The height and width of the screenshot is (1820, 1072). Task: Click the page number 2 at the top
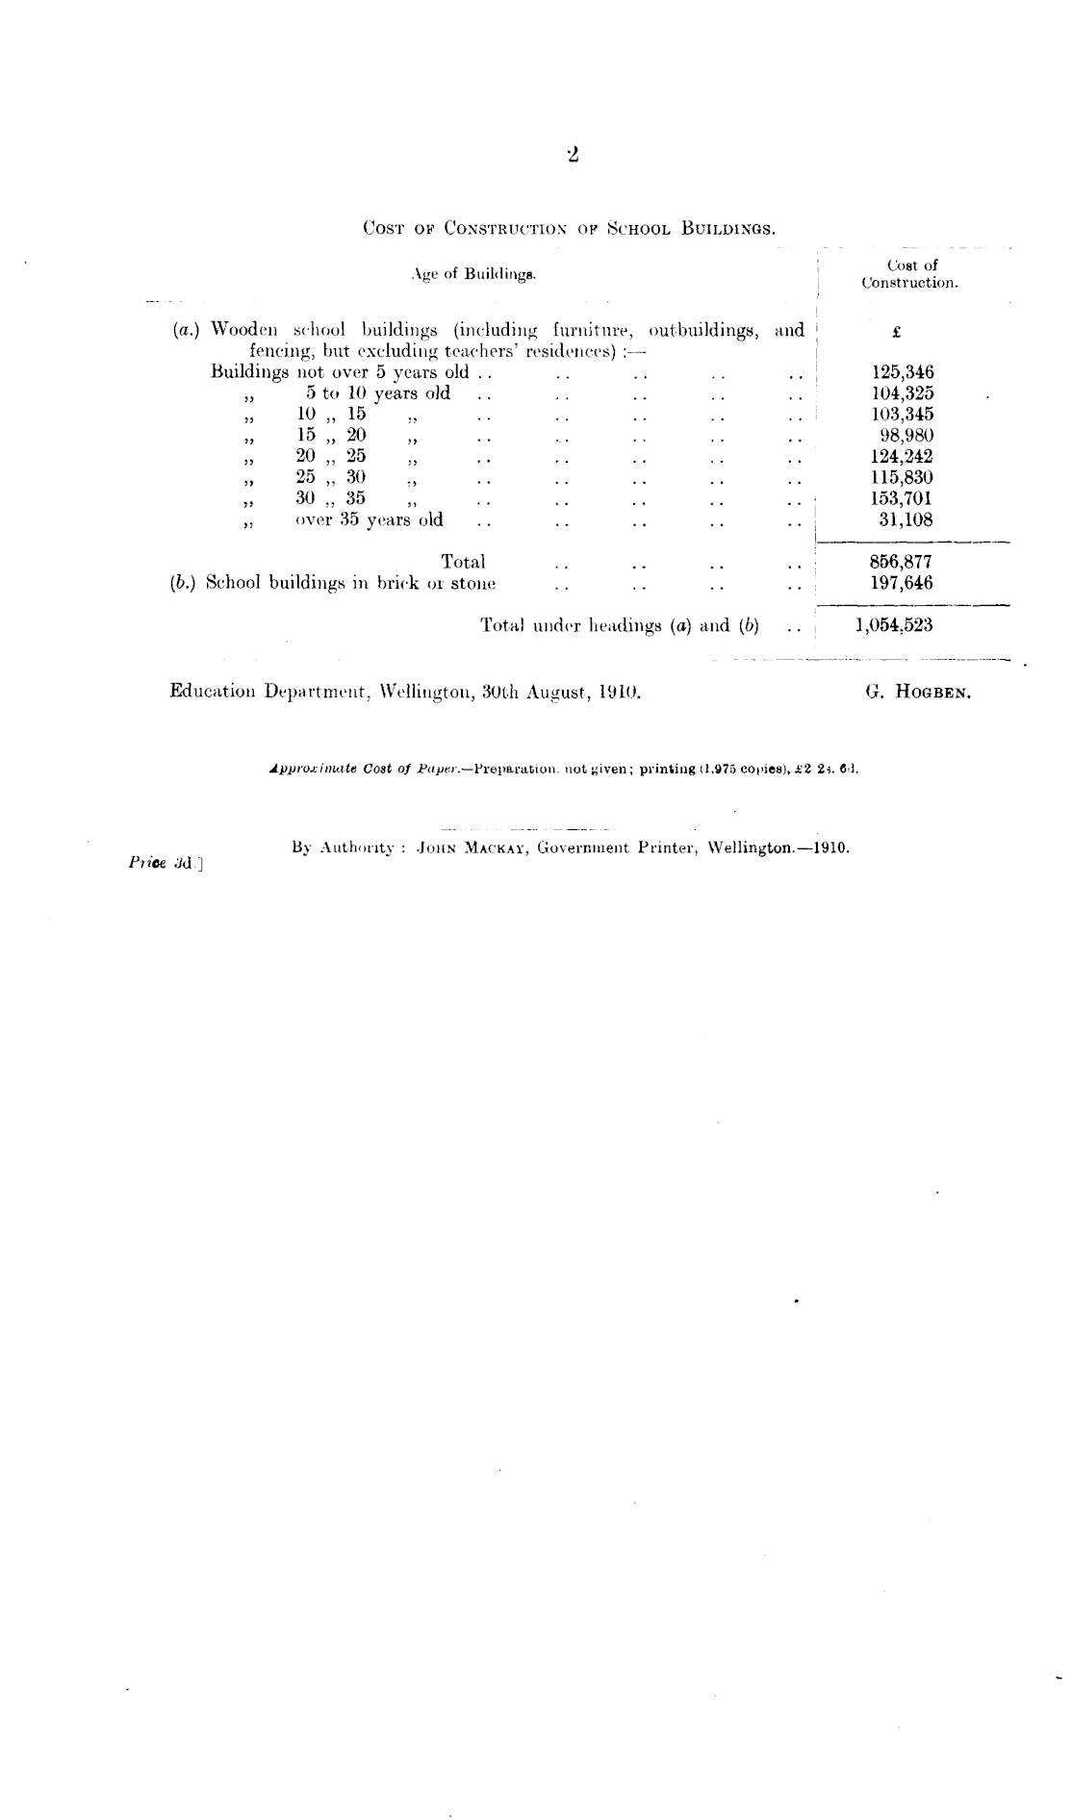point(573,154)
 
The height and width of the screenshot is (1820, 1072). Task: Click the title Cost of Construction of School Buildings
point(570,230)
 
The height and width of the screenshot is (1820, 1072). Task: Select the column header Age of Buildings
point(472,274)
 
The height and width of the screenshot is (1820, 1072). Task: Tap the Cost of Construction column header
point(910,274)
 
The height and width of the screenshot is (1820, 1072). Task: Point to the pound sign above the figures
point(896,332)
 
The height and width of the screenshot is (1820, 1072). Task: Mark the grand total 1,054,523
point(894,625)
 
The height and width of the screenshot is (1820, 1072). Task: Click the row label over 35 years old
point(370,520)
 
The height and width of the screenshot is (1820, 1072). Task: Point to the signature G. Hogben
point(918,692)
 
